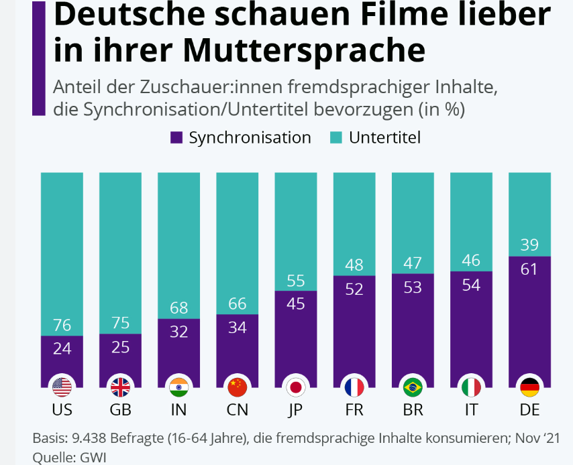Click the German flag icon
point(529,387)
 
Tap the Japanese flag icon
point(296,387)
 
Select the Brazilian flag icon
point(413,387)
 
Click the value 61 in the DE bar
point(529,270)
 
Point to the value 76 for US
point(62,325)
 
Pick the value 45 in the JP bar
point(296,304)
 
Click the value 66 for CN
point(238,304)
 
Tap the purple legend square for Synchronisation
point(177,138)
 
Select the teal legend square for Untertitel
point(337,138)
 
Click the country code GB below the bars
point(120,409)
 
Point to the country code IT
point(471,409)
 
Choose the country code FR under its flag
point(354,409)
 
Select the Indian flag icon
point(179,387)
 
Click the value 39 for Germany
point(529,245)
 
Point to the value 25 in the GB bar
point(120,347)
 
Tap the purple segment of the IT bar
point(471,322)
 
